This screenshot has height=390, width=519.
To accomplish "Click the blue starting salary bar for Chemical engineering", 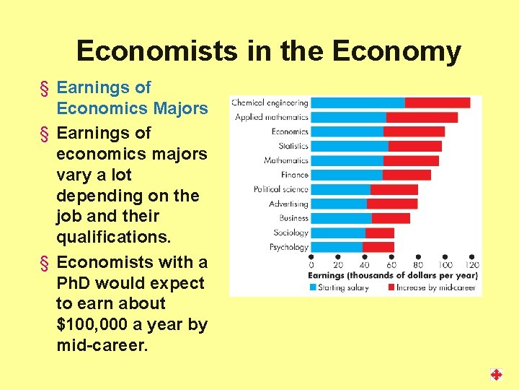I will [358, 103].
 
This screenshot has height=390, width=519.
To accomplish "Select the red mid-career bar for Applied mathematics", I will [422, 117].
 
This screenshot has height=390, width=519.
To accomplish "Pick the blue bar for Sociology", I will [338, 233].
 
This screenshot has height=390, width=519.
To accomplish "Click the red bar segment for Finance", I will [407, 175].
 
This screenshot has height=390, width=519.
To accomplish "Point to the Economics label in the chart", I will [290, 131].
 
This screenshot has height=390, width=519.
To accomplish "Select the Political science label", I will [280, 189].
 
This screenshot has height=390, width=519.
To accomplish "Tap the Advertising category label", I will [288, 204].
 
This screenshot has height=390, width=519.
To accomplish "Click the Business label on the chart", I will [293, 218].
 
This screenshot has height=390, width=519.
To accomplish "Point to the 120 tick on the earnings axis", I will [472, 265].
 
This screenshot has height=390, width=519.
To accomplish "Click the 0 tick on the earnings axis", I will [311, 265].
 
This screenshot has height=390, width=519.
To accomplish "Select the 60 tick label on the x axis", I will [391, 265].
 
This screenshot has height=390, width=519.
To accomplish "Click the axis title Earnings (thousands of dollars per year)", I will [393, 276].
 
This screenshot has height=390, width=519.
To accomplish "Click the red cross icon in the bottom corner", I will [496, 374].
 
